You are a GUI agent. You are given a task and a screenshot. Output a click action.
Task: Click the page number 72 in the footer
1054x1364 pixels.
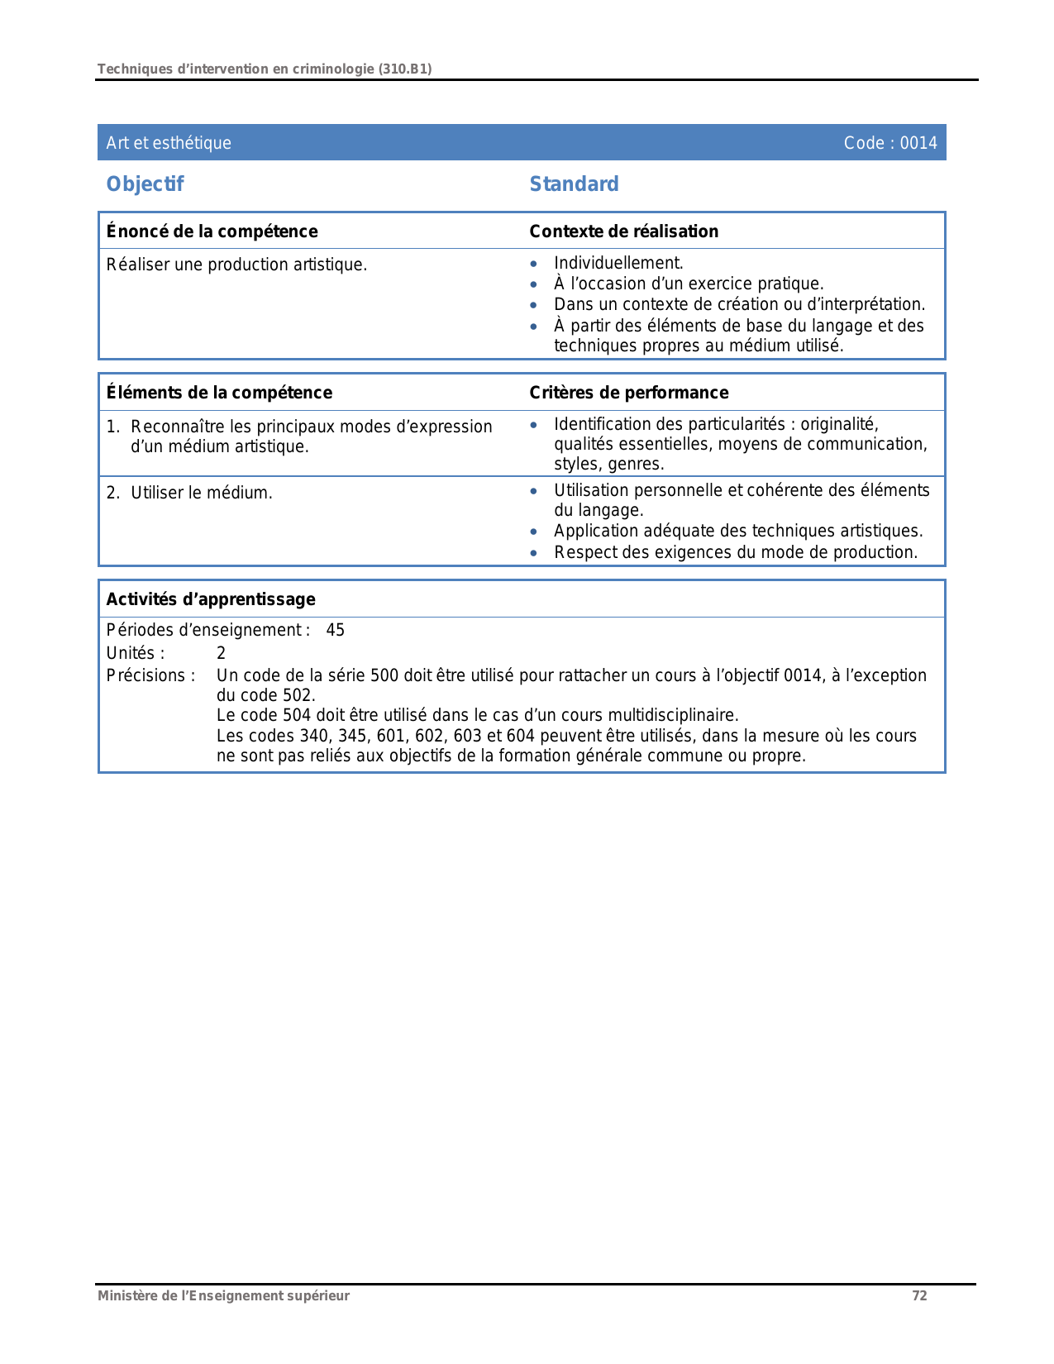pyautogui.click(x=919, y=1295)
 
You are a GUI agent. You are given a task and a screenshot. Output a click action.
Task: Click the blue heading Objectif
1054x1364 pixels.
pyautogui.click(x=145, y=184)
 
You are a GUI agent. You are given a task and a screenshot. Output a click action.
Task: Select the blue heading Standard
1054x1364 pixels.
pyautogui.click(x=574, y=184)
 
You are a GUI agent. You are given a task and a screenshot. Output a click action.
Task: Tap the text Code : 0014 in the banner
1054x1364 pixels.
pyautogui.click(x=890, y=143)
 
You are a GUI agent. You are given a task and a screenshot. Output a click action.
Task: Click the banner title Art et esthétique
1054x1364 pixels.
pyautogui.click(x=169, y=143)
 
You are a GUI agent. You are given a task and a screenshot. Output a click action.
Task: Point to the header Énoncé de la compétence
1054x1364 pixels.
pyautogui.click(x=212, y=231)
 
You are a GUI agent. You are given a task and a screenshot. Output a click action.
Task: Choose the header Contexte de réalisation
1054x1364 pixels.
pyautogui.click(x=623, y=231)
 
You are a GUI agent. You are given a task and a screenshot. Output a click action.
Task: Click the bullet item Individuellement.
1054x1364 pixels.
pyautogui.click(x=618, y=263)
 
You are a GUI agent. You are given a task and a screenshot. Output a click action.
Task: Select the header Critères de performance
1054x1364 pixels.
pyautogui.click(x=628, y=393)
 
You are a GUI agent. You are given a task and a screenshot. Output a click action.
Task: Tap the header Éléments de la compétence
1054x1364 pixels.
pyautogui.click(x=219, y=393)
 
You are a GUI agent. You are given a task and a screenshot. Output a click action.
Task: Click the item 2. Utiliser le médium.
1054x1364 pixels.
pyautogui.click(x=189, y=494)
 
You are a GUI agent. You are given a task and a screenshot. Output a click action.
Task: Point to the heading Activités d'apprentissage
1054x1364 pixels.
pyautogui.click(x=211, y=599)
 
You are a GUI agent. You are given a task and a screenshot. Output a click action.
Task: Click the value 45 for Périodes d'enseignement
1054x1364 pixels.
pyautogui.click(x=335, y=631)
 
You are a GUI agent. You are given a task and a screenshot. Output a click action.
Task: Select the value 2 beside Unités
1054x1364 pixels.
pyautogui.click(x=221, y=653)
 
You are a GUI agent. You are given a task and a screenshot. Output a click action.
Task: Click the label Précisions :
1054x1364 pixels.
pyautogui.click(x=150, y=675)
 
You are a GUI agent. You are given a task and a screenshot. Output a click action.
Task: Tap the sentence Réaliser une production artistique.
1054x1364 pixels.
pyautogui.click(x=236, y=265)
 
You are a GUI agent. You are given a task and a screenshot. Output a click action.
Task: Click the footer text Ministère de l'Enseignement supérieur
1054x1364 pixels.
pyautogui.click(x=223, y=1295)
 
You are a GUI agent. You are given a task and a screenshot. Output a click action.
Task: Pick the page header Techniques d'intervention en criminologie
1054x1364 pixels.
pyautogui.click(x=265, y=69)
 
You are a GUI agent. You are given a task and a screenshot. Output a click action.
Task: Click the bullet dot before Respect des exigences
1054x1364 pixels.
pyautogui.click(x=534, y=553)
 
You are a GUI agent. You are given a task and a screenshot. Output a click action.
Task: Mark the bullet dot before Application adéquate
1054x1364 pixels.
pyautogui.click(x=534, y=532)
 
